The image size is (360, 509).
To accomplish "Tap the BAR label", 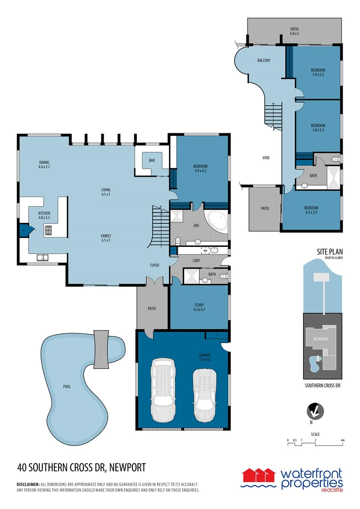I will (x=152, y=160).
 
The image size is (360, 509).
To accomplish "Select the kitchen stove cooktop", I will (x=48, y=230).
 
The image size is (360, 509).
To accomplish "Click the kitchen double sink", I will (x=42, y=257).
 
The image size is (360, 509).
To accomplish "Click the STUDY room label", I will (x=198, y=307).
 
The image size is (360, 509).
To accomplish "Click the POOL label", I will (x=66, y=386).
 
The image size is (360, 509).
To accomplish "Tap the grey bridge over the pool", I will (x=101, y=349).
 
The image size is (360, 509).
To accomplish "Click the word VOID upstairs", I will (x=266, y=158).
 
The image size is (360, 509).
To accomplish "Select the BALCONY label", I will (x=264, y=61).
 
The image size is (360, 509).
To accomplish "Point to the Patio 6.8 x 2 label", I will (x=295, y=31).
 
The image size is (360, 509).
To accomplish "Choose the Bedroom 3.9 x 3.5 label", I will (x=318, y=72).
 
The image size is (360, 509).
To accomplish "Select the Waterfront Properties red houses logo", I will (x=258, y=477).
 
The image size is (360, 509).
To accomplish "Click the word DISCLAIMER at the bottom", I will (x=28, y=484).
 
